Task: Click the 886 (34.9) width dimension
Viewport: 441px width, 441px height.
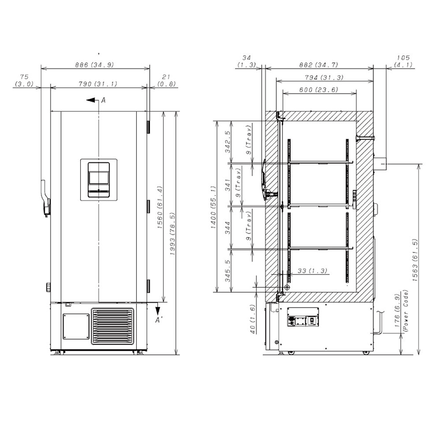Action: [95, 65]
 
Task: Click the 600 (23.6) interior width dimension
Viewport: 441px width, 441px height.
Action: [319, 90]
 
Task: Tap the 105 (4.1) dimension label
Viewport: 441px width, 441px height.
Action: [403, 61]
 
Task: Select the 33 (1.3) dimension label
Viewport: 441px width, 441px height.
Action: [312, 271]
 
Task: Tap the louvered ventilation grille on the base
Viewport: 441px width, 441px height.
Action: [113, 326]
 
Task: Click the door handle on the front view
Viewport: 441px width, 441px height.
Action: [45, 198]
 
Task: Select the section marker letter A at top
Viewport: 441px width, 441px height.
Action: [103, 100]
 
